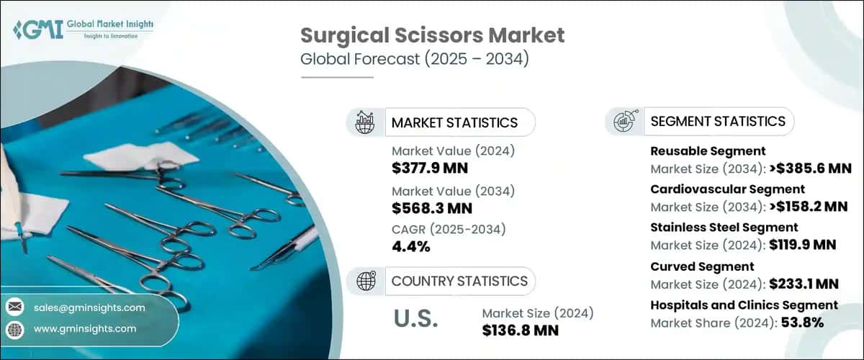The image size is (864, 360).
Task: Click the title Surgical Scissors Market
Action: point(432,35)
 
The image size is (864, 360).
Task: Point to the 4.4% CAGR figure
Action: point(411,247)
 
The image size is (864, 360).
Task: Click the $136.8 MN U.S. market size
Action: point(521,330)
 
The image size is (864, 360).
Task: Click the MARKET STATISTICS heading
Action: point(454,122)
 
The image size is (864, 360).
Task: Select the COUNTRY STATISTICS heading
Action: point(459,281)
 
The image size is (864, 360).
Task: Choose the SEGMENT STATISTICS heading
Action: point(718,121)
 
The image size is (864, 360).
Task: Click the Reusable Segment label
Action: point(708,151)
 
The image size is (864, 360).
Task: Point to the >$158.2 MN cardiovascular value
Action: point(806,207)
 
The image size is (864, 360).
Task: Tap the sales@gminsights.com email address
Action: point(89,307)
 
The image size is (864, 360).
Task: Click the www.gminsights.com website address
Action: point(85,329)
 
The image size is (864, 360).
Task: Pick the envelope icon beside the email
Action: point(14,307)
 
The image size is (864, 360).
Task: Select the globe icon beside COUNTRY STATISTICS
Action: point(365,281)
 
